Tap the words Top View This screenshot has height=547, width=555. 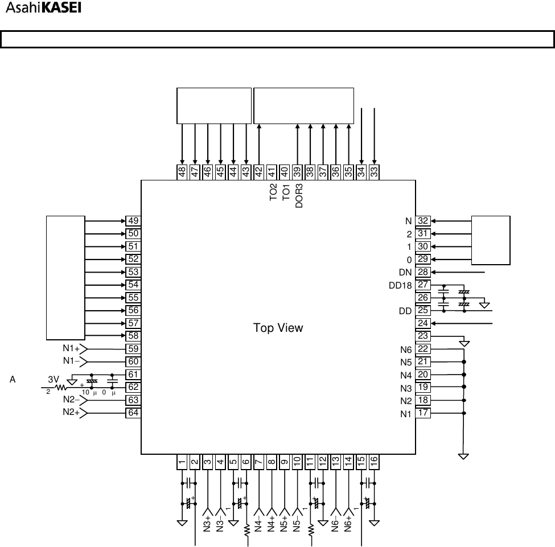point(278,328)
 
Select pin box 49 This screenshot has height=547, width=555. point(133,221)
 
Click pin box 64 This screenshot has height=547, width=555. point(133,413)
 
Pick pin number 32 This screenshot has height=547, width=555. point(424,221)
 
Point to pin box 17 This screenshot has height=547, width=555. point(424,413)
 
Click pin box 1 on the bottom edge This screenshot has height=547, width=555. point(182,462)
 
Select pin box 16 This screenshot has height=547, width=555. point(374,462)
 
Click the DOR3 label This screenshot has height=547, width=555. point(299,195)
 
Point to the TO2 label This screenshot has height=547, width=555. point(273,192)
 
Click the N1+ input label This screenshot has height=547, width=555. point(71,349)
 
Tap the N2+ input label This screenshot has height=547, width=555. point(71,413)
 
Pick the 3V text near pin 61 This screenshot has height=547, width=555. point(54,379)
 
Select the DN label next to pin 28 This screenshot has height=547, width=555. point(405,272)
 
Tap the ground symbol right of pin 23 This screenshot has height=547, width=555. point(464,343)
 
